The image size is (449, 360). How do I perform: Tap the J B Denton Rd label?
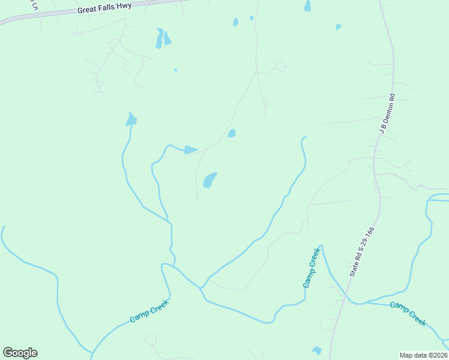(x=385, y=114)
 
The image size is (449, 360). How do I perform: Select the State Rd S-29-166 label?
(x=363, y=251)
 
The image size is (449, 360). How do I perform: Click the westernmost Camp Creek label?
(x=149, y=310)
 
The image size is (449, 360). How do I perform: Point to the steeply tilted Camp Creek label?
(x=312, y=268)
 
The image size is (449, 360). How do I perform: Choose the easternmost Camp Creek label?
(x=408, y=313)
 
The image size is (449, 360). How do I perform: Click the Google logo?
(x=20, y=353)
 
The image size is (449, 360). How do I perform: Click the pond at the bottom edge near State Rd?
(x=317, y=350)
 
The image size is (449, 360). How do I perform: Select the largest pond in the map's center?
(x=209, y=179)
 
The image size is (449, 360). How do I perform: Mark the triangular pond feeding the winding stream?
(x=190, y=149)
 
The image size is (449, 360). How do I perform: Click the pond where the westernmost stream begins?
(x=131, y=119)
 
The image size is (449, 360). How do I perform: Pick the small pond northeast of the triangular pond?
(x=231, y=133)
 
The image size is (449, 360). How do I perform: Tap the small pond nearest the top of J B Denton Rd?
(x=339, y=27)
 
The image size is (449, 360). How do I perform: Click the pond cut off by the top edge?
(x=307, y=6)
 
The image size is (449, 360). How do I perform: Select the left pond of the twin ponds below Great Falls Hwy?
(x=159, y=37)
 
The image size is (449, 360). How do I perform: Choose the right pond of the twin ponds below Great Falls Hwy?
(x=167, y=39)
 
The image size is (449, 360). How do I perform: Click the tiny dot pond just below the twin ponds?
(x=175, y=70)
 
